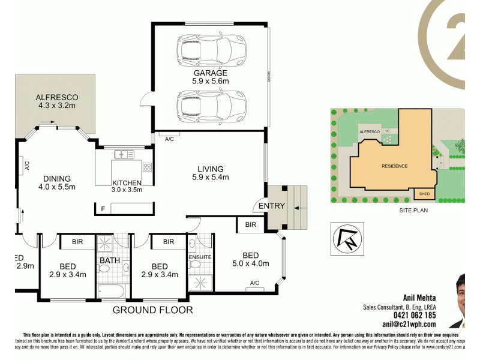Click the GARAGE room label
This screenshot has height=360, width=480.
210,73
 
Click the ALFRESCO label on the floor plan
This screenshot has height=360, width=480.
57,97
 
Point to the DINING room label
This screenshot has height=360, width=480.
57,178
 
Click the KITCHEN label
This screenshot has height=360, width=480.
127,183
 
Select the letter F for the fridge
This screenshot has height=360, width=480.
103,208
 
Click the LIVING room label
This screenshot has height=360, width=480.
208,169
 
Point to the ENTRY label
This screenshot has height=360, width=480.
271,206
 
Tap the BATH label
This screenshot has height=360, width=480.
111,260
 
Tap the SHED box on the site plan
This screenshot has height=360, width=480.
425,194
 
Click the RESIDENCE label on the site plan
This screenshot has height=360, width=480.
395,166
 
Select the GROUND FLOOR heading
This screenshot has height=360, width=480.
153,310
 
